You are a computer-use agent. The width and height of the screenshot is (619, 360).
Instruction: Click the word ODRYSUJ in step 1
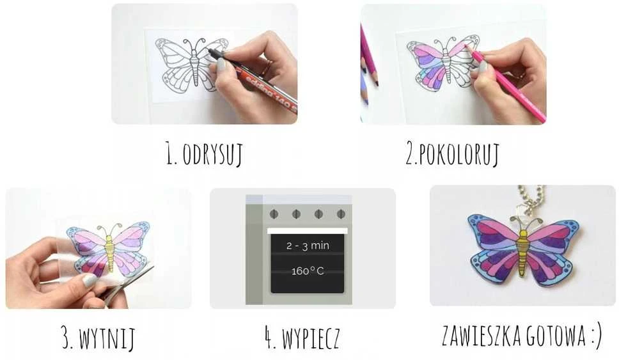pyautogui.click(x=212, y=154)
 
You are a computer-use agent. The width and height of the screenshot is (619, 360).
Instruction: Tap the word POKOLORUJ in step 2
pyautogui.click(x=458, y=153)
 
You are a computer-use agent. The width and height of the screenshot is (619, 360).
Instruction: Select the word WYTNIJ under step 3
pyautogui.click(x=107, y=338)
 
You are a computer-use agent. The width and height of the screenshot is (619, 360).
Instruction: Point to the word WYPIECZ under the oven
pyautogui.click(x=311, y=338)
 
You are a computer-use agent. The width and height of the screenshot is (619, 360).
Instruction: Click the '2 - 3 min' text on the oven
pyautogui.click(x=308, y=246)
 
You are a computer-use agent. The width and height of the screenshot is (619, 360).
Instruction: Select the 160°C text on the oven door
pyautogui.click(x=308, y=271)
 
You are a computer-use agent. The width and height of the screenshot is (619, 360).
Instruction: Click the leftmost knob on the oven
pyautogui.click(x=274, y=214)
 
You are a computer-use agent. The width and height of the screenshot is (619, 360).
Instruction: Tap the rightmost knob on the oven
pyautogui.click(x=341, y=214)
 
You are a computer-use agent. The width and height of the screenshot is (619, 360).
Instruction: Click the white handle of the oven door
pyautogui.click(x=308, y=231)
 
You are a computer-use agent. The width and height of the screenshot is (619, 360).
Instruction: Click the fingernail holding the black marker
pyautogui.click(x=222, y=63)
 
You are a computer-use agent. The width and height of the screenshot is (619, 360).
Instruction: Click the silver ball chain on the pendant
pyautogui.click(x=532, y=198)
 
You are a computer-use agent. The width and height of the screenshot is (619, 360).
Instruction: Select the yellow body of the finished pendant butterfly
pyautogui.click(x=523, y=253)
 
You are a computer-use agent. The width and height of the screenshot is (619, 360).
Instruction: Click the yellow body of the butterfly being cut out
pyautogui.click(x=109, y=253)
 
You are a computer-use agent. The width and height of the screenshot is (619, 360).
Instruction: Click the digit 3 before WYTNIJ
pyautogui.click(x=67, y=338)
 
